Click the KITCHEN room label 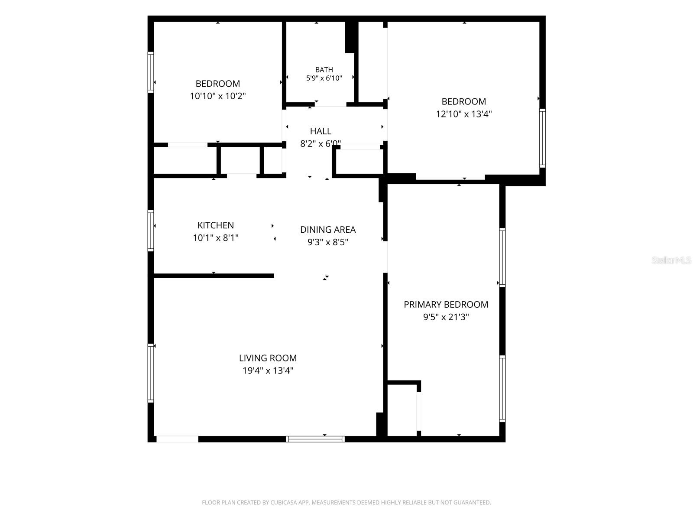point(216,225)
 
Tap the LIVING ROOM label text point(268,358)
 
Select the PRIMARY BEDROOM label point(446,304)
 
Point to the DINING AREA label point(328,230)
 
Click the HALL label point(321,131)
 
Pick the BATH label point(324,70)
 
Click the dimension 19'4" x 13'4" point(268,370)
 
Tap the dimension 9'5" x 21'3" point(446,317)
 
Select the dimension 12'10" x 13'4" point(464,114)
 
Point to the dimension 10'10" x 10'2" point(217,96)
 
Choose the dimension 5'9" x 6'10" point(324,78)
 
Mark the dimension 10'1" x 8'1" point(216,237)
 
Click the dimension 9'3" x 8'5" point(328,242)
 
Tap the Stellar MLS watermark point(671,260)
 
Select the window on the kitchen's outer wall point(151,231)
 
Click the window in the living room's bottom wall point(315,439)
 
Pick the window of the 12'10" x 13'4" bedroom point(542,138)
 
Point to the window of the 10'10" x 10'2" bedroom point(151,72)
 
